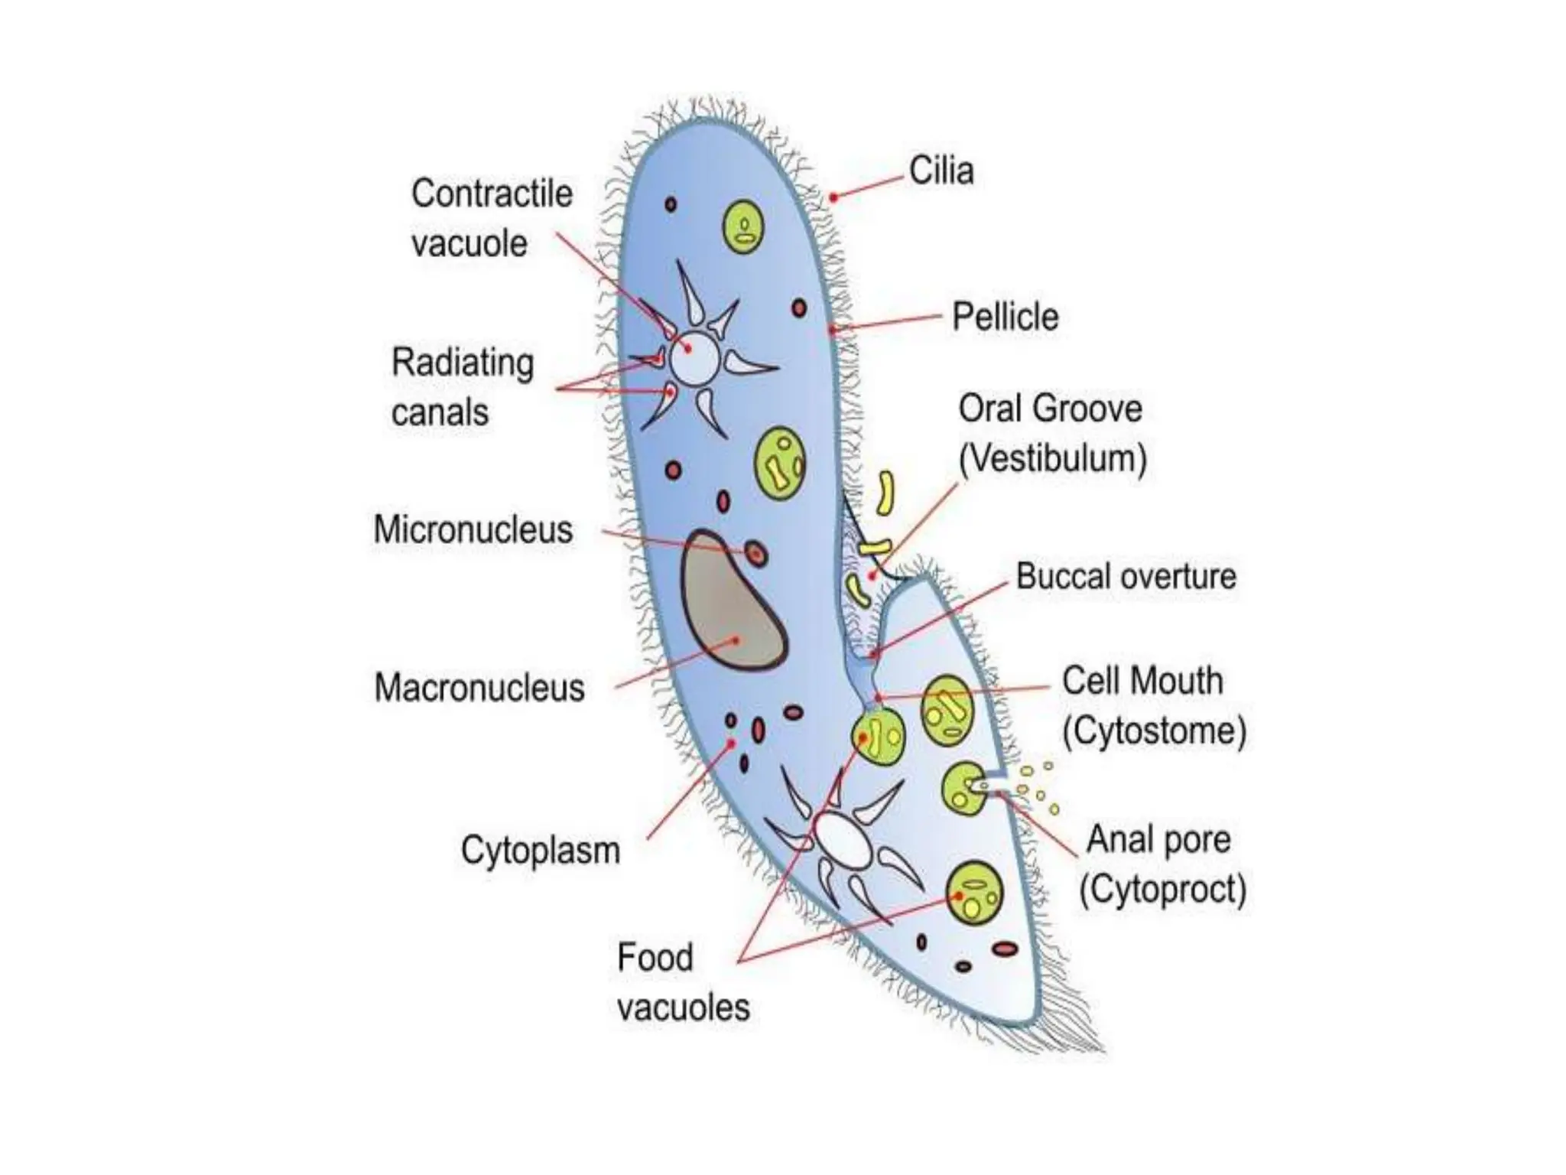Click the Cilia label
click(x=941, y=171)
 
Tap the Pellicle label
click(x=1005, y=317)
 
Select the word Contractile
click(x=492, y=194)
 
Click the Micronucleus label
click(x=473, y=529)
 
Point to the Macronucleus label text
click(x=479, y=687)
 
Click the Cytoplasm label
click(x=540, y=850)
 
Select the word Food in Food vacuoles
click(x=655, y=958)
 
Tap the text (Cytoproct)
click(x=1162, y=889)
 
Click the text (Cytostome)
click(x=1154, y=731)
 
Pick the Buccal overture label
click(x=1126, y=577)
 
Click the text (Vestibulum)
click(x=1052, y=459)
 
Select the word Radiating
click(x=462, y=363)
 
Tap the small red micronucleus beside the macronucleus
click(x=755, y=552)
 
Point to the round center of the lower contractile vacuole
click(x=842, y=839)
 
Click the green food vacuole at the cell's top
click(x=742, y=226)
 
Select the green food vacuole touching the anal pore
click(x=964, y=789)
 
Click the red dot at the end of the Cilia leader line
click(x=833, y=197)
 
